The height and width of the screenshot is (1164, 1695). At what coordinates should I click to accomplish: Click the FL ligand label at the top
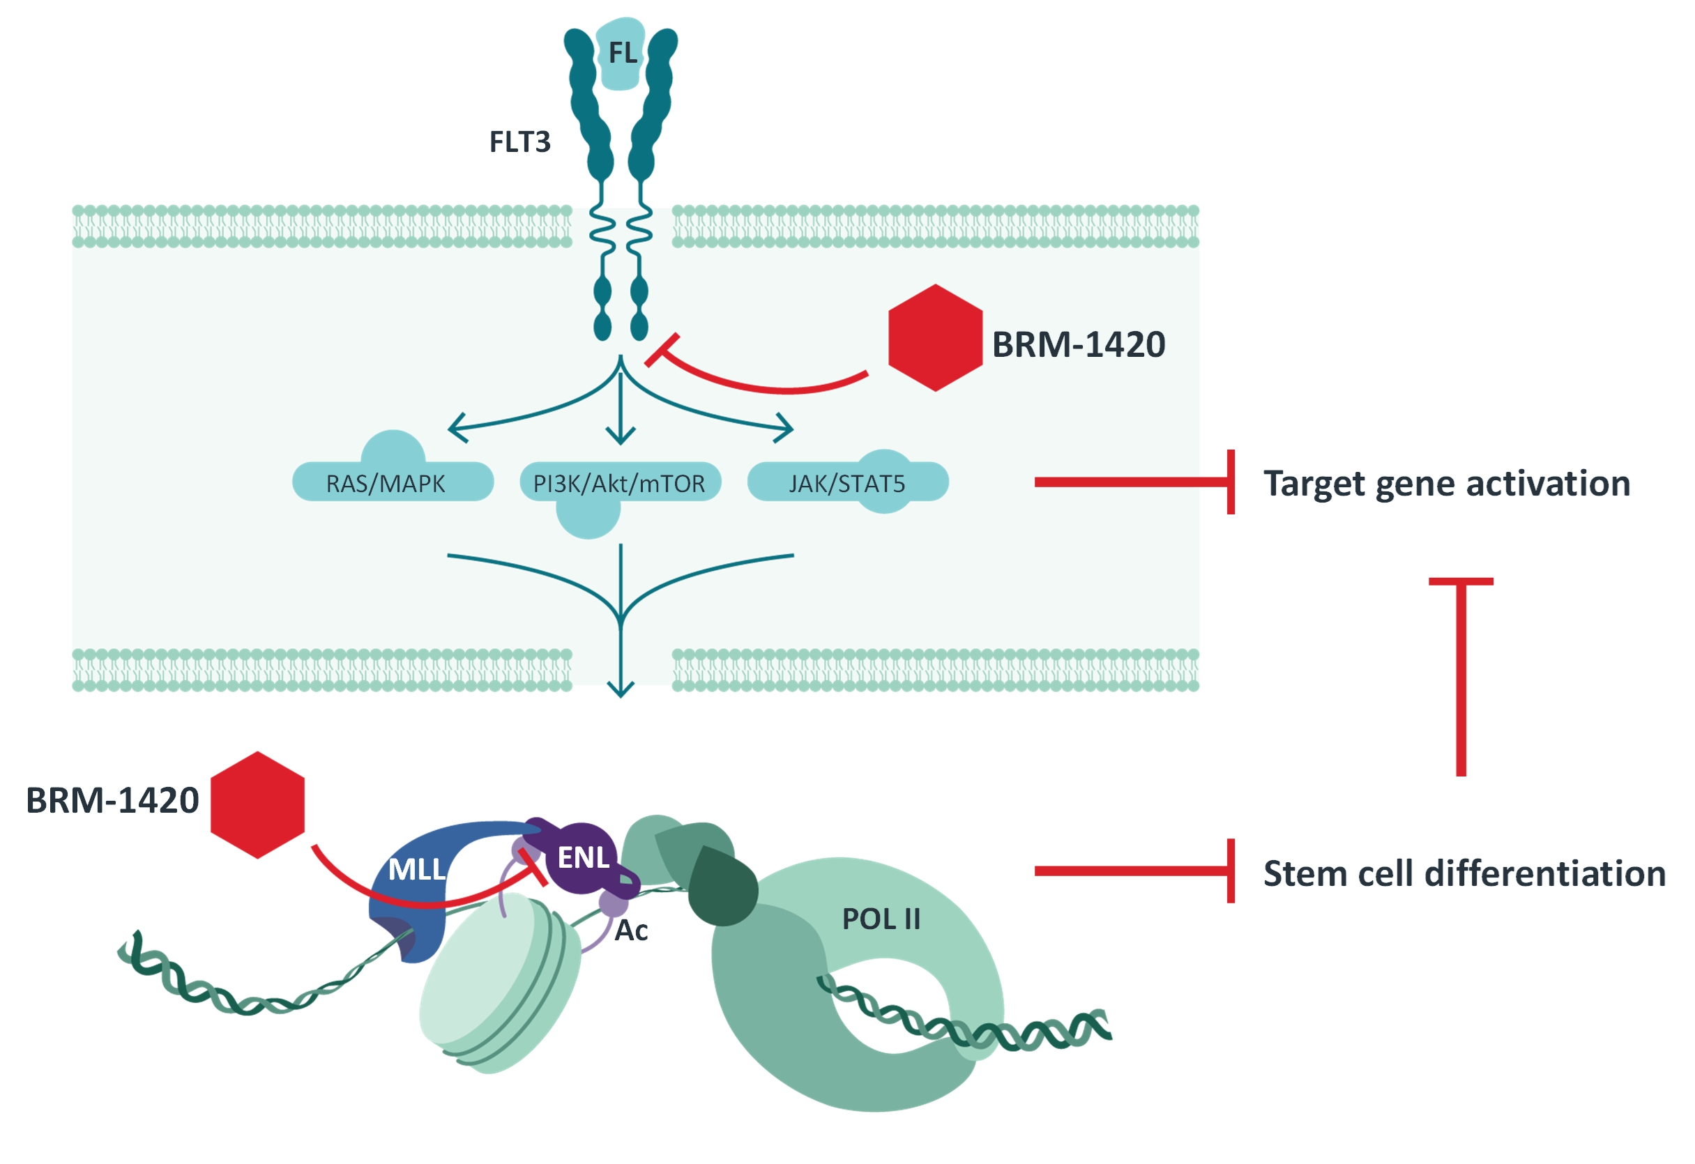pyautogui.click(x=622, y=53)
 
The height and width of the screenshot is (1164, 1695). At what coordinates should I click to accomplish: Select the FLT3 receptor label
pyautogui.click(x=519, y=142)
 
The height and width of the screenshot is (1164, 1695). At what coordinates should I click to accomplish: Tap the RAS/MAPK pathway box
pyautogui.click(x=385, y=484)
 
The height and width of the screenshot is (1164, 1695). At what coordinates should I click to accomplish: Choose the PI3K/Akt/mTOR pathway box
pyautogui.click(x=619, y=484)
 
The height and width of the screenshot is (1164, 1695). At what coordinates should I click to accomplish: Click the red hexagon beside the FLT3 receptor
pyautogui.click(x=935, y=337)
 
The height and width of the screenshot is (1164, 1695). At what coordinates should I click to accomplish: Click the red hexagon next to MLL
pyautogui.click(x=257, y=804)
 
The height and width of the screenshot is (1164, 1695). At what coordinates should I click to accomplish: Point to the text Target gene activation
pyautogui.click(x=1446, y=484)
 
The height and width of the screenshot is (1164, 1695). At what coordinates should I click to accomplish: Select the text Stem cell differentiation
pyautogui.click(x=1464, y=873)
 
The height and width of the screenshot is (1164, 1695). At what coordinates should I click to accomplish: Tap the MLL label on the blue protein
pyautogui.click(x=416, y=868)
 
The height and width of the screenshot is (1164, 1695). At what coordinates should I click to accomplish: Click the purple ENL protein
pyautogui.click(x=583, y=858)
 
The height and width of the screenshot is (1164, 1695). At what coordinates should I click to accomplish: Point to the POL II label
pyautogui.click(x=881, y=919)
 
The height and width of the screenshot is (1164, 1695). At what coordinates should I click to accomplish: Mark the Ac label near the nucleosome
pyautogui.click(x=631, y=931)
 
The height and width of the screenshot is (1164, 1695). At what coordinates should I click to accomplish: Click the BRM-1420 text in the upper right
pyautogui.click(x=1079, y=344)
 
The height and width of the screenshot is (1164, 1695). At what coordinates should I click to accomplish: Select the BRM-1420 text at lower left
pyautogui.click(x=112, y=800)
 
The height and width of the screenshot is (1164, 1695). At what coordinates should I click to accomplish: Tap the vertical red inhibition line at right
pyautogui.click(x=1461, y=678)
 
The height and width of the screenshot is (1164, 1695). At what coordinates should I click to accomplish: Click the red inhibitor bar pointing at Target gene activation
pyautogui.click(x=1134, y=482)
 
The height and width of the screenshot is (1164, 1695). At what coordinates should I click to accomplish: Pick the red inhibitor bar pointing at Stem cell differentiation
pyautogui.click(x=1134, y=871)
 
